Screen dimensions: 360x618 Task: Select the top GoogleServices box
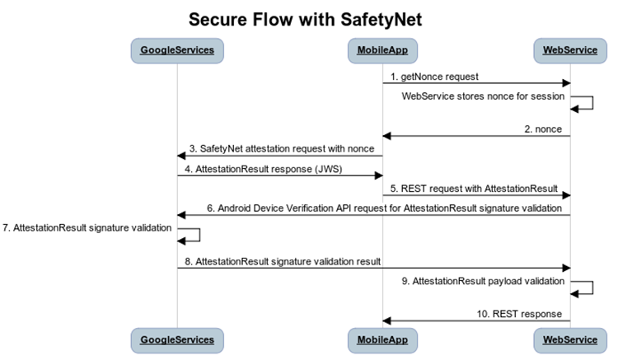point(176,50)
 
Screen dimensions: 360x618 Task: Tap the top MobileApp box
point(382,50)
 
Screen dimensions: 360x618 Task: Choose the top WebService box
point(570,50)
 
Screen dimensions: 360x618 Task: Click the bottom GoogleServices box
point(176,339)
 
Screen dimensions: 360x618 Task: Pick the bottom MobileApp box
point(382,339)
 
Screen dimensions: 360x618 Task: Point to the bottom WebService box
point(570,339)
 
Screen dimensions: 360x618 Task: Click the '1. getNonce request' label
point(434,76)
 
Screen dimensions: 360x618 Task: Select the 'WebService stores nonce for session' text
point(483,96)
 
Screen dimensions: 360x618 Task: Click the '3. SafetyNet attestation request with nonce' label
point(282,148)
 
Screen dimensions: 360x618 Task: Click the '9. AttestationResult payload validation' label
point(482,281)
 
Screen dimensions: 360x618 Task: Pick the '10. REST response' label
point(522,313)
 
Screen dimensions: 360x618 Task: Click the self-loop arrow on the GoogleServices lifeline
point(191,235)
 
